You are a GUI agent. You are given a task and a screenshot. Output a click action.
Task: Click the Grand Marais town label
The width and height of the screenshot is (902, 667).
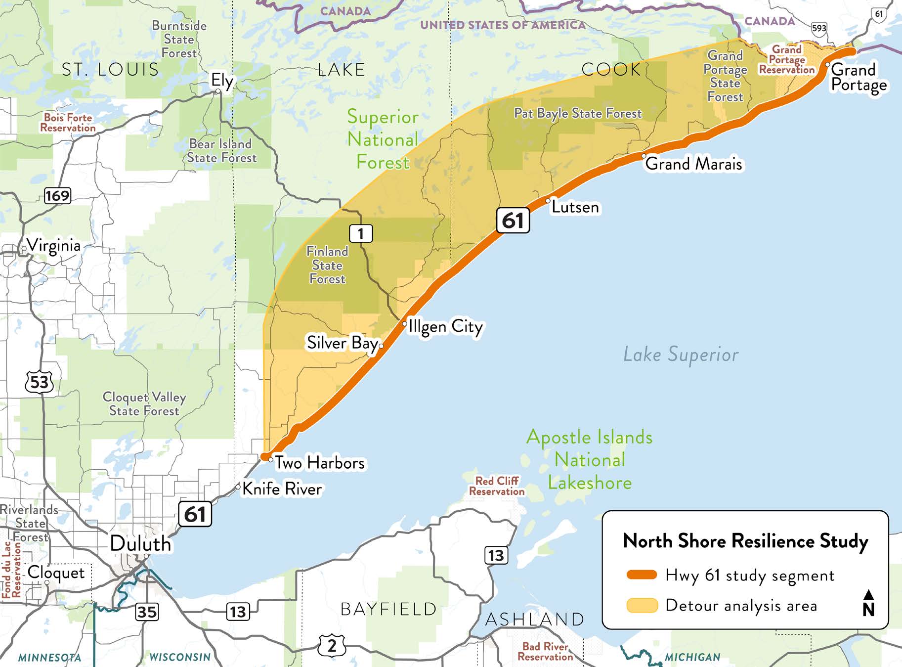[693, 164]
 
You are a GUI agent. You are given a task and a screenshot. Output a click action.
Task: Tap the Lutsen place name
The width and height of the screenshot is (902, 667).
[575, 207]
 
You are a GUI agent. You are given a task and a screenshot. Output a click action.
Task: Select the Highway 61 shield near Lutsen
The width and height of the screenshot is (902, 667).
[513, 221]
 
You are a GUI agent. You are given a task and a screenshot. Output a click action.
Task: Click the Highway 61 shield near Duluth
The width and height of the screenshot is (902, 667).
[195, 514]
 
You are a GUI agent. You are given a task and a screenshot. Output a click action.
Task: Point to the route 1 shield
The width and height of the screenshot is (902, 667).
[361, 233]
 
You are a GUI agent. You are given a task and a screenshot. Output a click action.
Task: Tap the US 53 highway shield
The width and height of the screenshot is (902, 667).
[39, 382]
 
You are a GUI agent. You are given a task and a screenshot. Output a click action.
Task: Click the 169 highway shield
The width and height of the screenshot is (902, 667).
[57, 196]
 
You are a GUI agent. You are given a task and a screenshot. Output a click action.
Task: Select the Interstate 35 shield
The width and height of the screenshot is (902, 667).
[147, 612]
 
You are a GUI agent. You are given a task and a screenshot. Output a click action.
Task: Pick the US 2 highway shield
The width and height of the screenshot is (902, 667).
[332, 645]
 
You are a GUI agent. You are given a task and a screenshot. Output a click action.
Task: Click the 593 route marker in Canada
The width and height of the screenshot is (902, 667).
[819, 28]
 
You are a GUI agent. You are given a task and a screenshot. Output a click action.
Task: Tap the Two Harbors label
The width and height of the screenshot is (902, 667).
[320, 463]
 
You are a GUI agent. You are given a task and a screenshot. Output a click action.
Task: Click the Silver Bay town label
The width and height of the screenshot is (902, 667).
[342, 343]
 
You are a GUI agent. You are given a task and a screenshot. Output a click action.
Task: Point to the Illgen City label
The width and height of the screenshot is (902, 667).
[445, 326]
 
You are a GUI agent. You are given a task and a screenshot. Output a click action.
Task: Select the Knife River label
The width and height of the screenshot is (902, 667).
[282, 489]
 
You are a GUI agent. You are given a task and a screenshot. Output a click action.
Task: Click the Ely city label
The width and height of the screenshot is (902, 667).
[222, 81]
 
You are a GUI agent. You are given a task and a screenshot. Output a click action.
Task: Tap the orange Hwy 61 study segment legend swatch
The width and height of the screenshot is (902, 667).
[642, 575]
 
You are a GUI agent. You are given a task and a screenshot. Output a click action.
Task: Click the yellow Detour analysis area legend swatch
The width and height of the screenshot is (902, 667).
[642, 605]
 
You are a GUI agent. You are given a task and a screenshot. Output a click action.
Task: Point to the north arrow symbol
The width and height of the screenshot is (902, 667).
[868, 603]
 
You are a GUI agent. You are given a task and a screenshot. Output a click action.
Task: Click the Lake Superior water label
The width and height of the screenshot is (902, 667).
[681, 355]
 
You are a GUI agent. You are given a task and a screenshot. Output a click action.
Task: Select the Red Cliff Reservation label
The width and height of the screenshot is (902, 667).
[497, 486]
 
